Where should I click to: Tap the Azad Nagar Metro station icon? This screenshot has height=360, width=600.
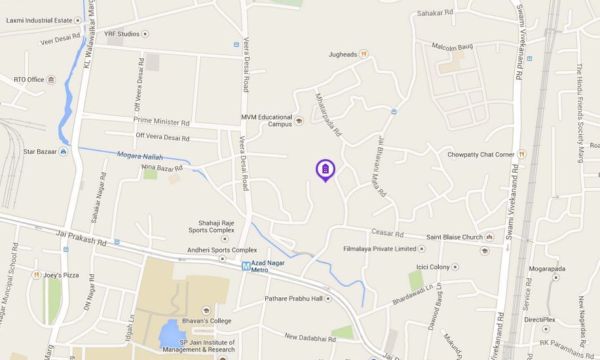click(246, 266)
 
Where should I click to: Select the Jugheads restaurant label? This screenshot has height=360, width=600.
click(343, 54)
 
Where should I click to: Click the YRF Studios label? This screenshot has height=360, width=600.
click(122, 33)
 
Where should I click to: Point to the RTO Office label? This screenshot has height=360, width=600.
click(29, 80)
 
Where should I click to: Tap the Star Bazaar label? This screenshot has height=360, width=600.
click(38, 152)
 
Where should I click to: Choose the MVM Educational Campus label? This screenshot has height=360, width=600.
click(267, 120)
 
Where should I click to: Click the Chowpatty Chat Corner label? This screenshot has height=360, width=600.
click(481, 154)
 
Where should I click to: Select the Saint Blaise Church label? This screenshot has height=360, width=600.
click(455, 237)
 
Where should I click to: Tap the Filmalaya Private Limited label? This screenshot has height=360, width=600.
click(379, 249)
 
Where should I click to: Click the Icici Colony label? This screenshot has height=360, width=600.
click(433, 267)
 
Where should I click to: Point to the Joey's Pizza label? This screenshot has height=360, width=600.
click(61, 275)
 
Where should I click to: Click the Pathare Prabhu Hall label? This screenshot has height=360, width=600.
click(294, 298)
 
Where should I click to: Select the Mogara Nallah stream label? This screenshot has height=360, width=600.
click(140, 156)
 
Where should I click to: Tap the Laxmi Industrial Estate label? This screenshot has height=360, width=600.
click(39, 20)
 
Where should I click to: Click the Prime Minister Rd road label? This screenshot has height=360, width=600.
click(161, 121)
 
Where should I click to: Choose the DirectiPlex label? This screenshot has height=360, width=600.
click(539, 320)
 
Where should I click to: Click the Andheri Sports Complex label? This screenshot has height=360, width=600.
click(222, 250)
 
